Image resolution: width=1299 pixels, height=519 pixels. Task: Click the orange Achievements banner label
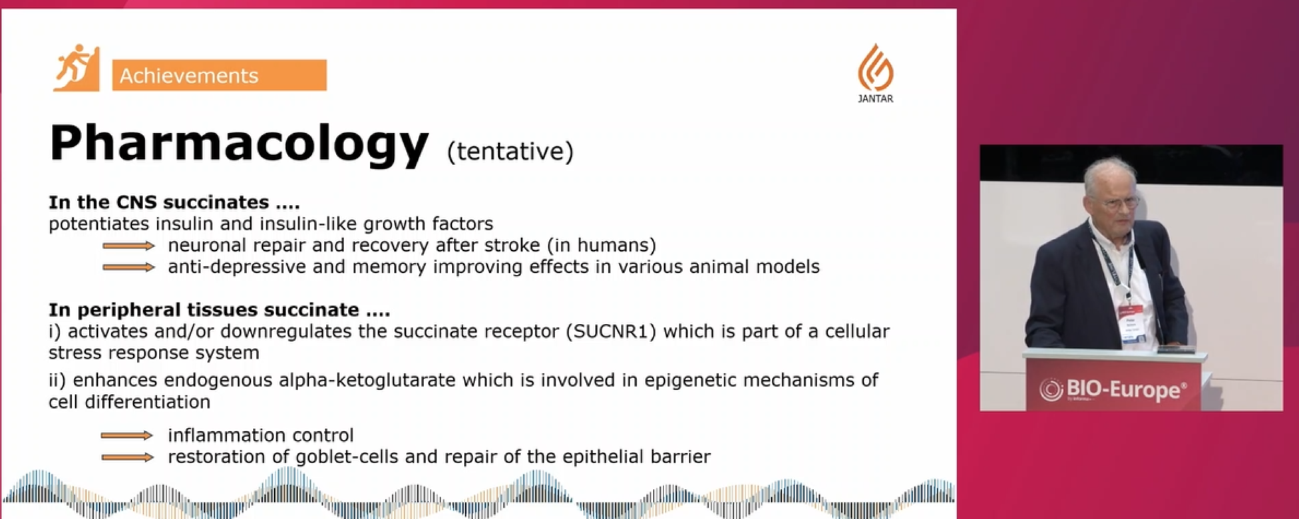click(219, 75)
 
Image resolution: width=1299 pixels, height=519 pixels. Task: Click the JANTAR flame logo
click(875, 67)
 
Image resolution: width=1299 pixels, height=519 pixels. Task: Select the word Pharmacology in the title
click(239, 144)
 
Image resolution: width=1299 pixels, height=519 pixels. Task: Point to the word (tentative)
click(510, 152)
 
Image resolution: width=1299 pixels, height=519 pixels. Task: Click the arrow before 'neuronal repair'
click(128, 246)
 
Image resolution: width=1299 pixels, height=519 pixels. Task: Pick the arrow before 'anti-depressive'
click(128, 267)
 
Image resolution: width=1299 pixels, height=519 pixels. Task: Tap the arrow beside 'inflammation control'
click(127, 436)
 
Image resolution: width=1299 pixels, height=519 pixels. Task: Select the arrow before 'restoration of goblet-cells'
click(127, 457)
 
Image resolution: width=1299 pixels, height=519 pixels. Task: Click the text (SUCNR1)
click(611, 331)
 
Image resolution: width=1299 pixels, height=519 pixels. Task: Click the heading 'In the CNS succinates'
click(174, 202)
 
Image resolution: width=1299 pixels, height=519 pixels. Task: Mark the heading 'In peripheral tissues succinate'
click(220, 310)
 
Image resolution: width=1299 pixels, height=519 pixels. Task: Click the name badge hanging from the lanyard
click(1131, 326)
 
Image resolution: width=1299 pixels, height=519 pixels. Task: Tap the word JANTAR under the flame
click(876, 99)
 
